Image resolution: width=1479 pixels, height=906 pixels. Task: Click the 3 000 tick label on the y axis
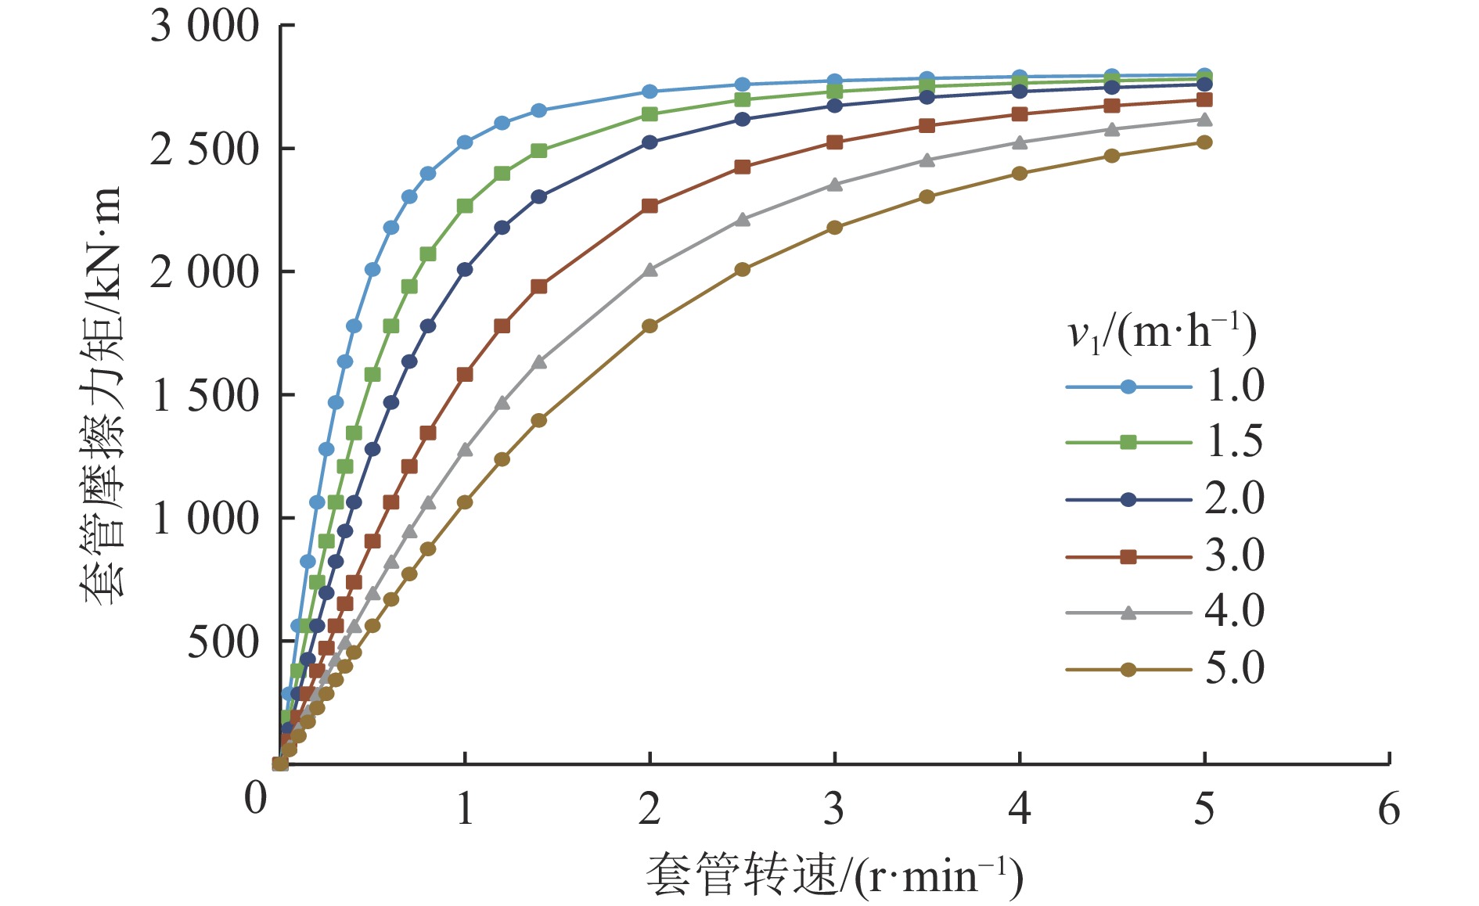[204, 27]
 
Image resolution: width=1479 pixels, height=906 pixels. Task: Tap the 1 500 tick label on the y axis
[204, 395]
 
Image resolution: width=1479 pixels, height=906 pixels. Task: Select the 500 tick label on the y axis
[222, 642]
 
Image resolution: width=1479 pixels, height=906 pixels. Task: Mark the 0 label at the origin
[255, 799]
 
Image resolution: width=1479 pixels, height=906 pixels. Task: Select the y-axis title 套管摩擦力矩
[103, 395]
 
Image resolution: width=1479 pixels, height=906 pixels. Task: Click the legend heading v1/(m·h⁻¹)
[1162, 333]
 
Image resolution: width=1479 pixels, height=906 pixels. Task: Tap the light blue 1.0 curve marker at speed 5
[1204, 75]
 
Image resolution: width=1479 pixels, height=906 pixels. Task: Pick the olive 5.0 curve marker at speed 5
[1204, 142]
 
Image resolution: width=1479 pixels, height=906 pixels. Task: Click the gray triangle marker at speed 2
[650, 270]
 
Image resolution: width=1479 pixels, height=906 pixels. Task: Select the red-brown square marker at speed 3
[835, 142]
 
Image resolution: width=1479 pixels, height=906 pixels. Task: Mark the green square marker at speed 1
[465, 206]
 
